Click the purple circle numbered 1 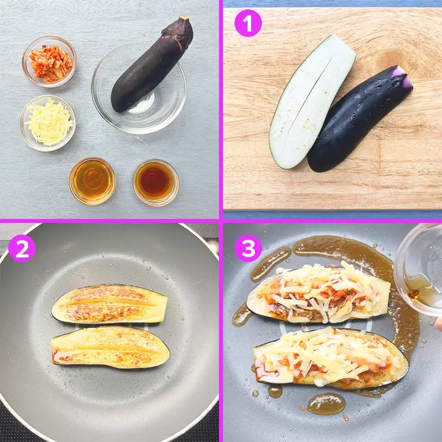(x=248, y=23)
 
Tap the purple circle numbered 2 (x=22, y=248)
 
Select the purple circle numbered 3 (x=248, y=248)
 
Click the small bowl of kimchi (x=49, y=61)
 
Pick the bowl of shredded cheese (x=47, y=123)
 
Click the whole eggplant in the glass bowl (x=152, y=64)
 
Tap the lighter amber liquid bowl (x=92, y=181)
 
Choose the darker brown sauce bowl (x=155, y=182)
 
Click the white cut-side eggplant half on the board (x=311, y=102)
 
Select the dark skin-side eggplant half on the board (x=359, y=119)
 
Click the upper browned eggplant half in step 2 (x=110, y=304)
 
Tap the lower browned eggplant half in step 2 (x=110, y=347)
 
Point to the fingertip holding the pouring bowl (x=438, y=323)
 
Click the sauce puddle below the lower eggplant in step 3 (x=326, y=403)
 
